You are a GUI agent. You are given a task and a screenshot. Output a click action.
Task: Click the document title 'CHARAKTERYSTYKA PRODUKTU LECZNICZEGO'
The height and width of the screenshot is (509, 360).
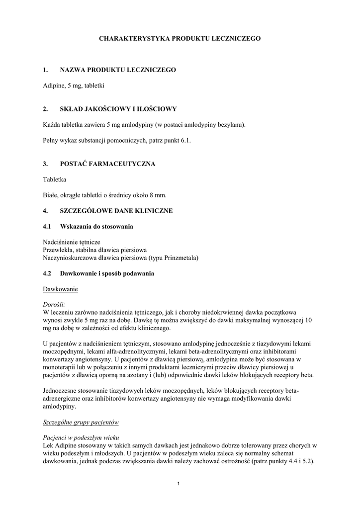180,38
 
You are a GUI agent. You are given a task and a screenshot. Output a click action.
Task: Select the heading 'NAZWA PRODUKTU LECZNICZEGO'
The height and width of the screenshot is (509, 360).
118,70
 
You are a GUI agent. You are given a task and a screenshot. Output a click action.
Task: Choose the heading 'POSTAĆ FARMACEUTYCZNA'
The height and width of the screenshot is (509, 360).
107,164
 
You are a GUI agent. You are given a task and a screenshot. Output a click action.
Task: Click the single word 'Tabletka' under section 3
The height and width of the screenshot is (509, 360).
55,179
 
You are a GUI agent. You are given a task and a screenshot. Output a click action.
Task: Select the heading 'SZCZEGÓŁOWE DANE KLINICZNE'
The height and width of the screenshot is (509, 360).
116,211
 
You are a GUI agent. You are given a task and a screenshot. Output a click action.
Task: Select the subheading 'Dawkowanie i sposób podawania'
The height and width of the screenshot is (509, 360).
107,273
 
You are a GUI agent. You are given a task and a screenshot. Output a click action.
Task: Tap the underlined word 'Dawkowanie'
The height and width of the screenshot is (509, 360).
61,289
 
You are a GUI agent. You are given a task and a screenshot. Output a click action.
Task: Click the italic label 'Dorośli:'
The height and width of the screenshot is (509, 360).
55,304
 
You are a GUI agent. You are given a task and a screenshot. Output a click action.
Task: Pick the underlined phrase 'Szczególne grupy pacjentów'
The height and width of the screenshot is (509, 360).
81,422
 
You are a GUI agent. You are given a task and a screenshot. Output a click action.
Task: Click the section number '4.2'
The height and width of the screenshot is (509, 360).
48,273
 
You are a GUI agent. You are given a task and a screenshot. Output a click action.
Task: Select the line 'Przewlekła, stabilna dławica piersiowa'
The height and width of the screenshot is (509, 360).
95,250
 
